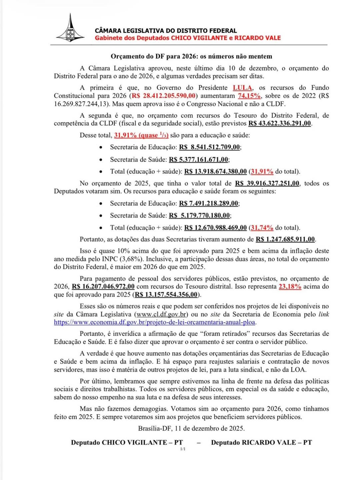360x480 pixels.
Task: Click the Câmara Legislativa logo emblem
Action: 70,29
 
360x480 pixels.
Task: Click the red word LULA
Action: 242,88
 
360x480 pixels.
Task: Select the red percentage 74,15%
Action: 249,96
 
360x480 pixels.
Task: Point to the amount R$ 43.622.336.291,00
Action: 280,123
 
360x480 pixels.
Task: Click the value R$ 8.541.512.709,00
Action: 210,147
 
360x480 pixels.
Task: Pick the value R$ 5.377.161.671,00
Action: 199,159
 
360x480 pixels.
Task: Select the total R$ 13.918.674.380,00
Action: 215,171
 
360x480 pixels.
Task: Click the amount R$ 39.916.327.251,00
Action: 267,183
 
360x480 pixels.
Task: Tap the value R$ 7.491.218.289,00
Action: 209,203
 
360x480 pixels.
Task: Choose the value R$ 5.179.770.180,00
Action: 199,215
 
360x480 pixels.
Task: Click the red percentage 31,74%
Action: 262,228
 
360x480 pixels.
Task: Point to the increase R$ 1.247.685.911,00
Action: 285,239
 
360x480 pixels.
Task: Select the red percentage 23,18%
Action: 290,286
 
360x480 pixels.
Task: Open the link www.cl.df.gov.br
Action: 161,314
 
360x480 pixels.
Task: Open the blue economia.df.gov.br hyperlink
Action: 155,322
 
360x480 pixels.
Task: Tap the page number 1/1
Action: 183,449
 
